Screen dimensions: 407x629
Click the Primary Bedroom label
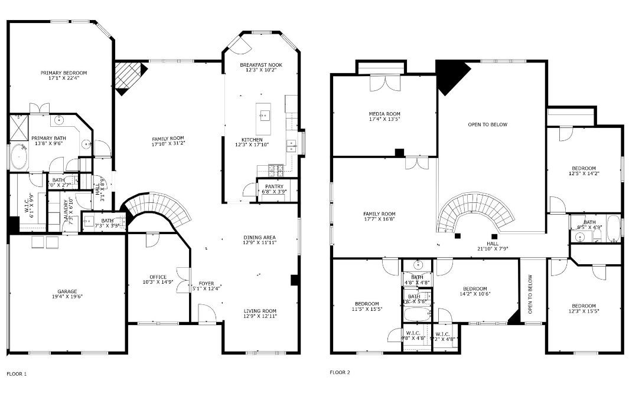coord(64,73)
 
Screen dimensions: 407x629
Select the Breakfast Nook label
coord(261,64)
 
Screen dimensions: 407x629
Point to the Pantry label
coord(274,187)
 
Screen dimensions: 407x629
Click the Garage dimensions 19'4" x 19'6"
coord(67,297)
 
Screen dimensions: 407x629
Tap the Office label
coord(158,277)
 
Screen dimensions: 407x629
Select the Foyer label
coord(206,283)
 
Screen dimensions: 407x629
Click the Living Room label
coord(260,311)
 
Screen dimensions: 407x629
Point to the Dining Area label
coord(259,238)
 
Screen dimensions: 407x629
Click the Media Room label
coord(384,114)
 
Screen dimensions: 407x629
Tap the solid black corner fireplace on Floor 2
coord(450,76)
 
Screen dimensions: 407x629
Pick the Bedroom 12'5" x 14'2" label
coord(582,168)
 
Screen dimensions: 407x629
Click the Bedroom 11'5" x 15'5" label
coord(366,304)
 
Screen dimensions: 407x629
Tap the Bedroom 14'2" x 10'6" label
coord(474,288)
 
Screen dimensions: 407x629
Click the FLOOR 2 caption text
coord(340,373)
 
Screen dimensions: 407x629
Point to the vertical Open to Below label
coord(530,294)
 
